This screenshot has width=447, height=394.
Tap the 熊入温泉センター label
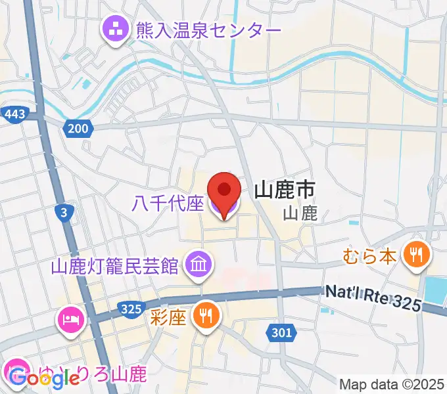208,30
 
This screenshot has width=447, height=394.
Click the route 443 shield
14,114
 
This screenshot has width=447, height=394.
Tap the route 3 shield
63,211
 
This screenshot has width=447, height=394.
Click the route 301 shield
281,334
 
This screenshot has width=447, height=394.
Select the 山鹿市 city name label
284,191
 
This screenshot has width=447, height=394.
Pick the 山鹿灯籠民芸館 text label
115,266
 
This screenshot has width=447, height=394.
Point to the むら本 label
369,255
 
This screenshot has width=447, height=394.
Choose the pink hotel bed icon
70,320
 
